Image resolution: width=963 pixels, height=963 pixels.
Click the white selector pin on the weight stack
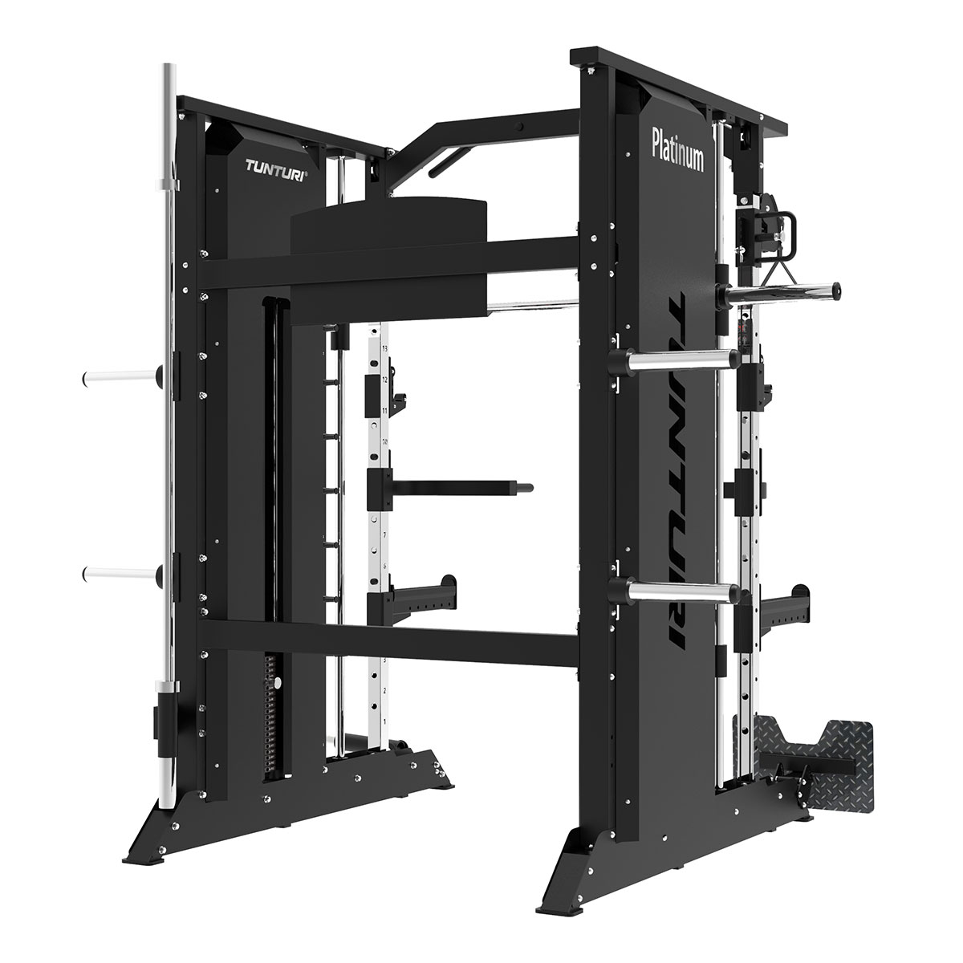point(278,684)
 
